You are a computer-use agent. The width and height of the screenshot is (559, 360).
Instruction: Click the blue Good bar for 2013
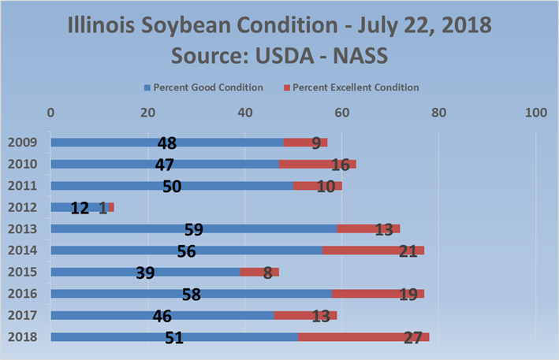(118, 228)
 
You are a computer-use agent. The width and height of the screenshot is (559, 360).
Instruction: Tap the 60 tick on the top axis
(341, 113)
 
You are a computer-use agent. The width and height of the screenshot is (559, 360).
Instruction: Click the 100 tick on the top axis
(535, 113)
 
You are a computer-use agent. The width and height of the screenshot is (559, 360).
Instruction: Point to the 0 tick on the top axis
(51, 113)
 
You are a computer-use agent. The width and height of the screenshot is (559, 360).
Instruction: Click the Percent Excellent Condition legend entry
(356, 87)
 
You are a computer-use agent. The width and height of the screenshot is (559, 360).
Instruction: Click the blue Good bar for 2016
(118, 294)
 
